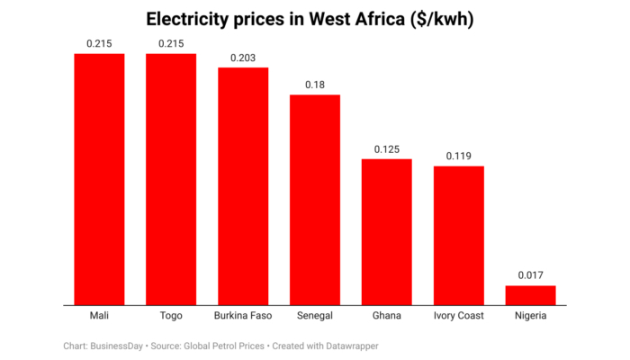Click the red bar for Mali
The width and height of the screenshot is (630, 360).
pyautogui.click(x=99, y=179)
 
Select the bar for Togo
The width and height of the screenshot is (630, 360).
pyautogui.click(x=171, y=179)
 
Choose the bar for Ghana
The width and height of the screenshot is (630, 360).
pyautogui.click(x=387, y=232)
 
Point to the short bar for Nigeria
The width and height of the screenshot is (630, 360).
pyautogui.click(x=530, y=295)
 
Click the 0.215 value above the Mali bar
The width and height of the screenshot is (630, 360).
pyautogui.click(x=99, y=43)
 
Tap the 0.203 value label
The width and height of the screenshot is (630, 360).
pyautogui.click(x=243, y=57)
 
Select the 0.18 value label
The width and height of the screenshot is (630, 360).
pyautogui.click(x=315, y=84)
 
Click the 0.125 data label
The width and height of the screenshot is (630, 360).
pyautogui.click(x=387, y=148)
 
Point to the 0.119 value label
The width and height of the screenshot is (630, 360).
pyautogui.click(x=459, y=156)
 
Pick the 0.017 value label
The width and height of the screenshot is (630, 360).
pyautogui.click(x=530, y=275)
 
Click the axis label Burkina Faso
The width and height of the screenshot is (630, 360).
pyautogui.click(x=243, y=316)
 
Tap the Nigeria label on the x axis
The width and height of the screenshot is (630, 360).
pyautogui.click(x=530, y=316)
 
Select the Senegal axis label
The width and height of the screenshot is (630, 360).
pyautogui.click(x=315, y=316)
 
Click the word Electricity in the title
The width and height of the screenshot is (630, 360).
pyautogui.click(x=190, y=19)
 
